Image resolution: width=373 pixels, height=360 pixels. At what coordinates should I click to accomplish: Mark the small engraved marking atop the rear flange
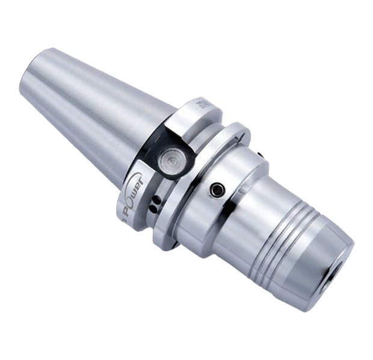click(202, 106)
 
